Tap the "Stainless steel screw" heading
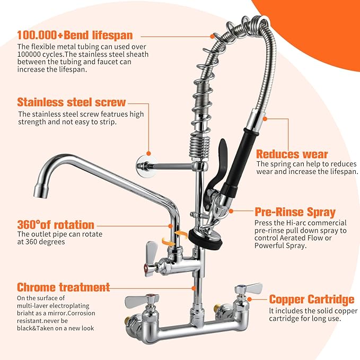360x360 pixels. (x=72, y=102)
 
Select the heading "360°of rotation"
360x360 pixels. (x=56, y=225)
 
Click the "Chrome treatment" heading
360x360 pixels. (x=64, y=287)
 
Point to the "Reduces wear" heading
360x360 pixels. (x=292, y=154)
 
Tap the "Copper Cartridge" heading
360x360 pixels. (x=312, y=299)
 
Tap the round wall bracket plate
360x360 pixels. (x=144, y=165)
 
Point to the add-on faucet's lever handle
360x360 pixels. (x=152, y=251)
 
